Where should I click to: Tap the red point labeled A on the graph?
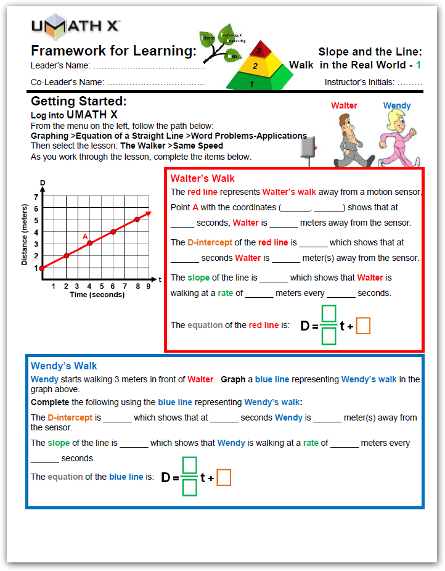tap(89, 244)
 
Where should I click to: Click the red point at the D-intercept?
tap(42, 268)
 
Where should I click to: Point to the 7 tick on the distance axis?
tap(36, 197)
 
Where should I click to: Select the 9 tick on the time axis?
tap(149, 286)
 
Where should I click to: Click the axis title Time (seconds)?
tap(97, 295)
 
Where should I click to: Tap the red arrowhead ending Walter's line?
tap(148, 213)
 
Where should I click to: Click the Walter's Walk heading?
tap(202, 179)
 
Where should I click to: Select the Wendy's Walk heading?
tap(63, 366)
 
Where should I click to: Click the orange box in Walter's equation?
tap(363, 326)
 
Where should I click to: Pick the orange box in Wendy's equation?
tap(224, 477)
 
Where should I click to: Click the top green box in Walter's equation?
tap(329, 314)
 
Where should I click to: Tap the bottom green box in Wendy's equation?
tap(190, 488)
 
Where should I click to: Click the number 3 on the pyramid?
tap(259, 51)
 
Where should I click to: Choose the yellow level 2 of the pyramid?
tap(255, 65)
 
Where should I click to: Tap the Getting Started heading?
tap(78, 102)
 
